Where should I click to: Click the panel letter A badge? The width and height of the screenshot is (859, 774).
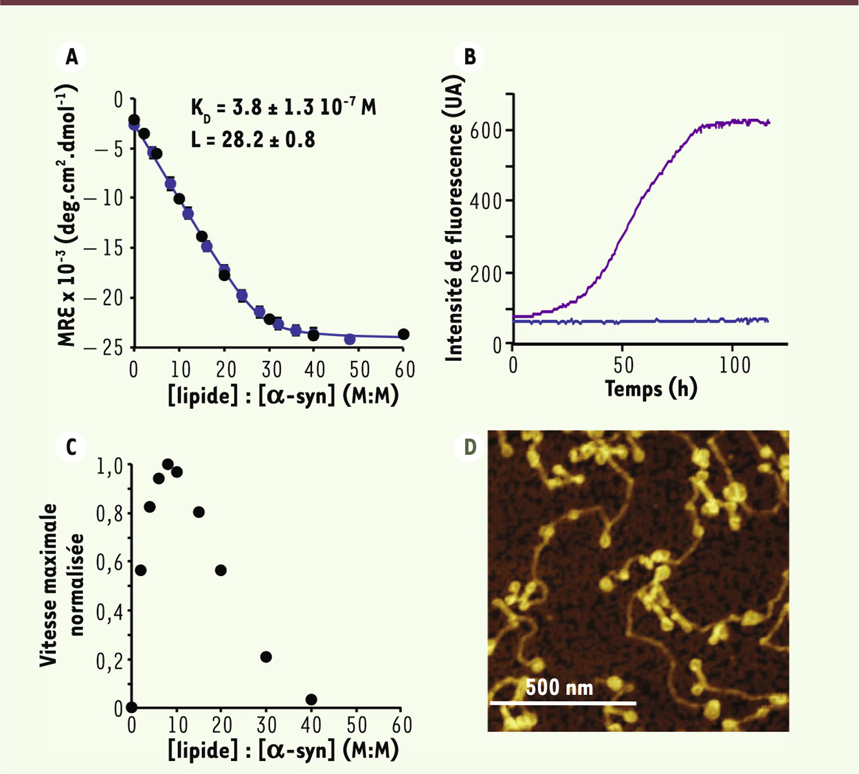pos(71,58)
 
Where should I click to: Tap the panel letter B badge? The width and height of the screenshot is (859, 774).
pos(469,58)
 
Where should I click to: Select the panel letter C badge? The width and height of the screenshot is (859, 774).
pos(71,447)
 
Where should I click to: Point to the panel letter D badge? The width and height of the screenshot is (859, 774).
pos(469,447)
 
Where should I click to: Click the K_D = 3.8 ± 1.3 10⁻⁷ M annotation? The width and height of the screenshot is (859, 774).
pos(283,109)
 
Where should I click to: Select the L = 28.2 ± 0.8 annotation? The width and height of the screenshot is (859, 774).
pos(253,140)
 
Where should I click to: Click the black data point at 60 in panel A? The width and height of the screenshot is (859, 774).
pos(403,334)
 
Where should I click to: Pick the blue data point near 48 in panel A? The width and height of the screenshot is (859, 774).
pos(350,339)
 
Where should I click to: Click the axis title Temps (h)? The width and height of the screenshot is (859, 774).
pos(651,389)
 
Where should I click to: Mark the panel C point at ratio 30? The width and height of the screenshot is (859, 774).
pos(266,657)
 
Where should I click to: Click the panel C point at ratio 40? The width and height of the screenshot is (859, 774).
pos(311,700)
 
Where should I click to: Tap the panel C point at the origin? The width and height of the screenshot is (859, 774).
pos(132,707)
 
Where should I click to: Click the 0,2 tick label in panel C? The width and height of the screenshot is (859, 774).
pos(108,660)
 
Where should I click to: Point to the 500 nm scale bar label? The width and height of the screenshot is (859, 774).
pos(559,687)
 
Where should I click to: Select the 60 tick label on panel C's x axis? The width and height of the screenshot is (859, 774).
pos(402,725)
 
